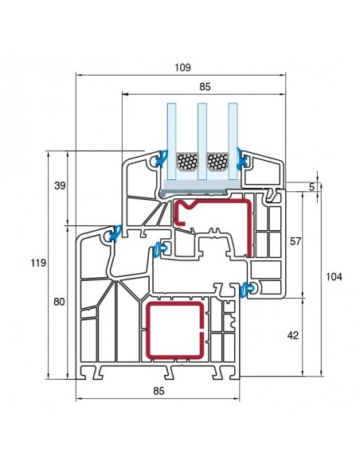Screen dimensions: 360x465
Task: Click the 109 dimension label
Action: point(182,68)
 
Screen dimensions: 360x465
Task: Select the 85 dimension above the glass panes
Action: point(205,87)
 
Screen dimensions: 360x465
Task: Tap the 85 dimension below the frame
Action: point(158,391)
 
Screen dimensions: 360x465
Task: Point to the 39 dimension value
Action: point(60,186)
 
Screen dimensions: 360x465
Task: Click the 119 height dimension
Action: point(38,263)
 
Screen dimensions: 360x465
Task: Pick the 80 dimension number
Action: point(59,302)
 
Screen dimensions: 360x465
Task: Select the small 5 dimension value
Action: point(311,187)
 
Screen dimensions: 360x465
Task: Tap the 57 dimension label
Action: point(295,241)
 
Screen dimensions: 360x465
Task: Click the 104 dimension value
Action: point(334,276)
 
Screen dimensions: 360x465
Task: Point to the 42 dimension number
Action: point(293,335)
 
